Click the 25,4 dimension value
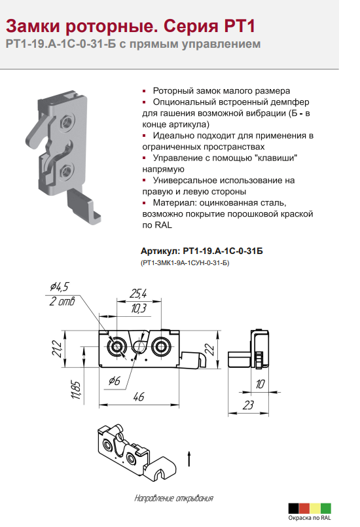click(x=139, y=293)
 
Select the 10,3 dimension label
click(x=139, y=308)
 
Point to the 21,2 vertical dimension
click(x=57, y=349)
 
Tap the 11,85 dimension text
click(x=77, y=390)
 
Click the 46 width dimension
click(x=139, y=397)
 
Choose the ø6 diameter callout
click(x=115, y=381)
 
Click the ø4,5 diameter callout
click(x=60, y=286)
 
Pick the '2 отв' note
click(x=62, y=301)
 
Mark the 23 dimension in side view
click(x=248, y=405)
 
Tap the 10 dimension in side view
click(x=260, y=384)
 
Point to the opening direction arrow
click(x=189, y=459)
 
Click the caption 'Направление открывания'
click(x=173, y=498)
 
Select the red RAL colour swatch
click(x=304, y=508)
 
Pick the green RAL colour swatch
click(x=325, y=508)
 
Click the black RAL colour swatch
click(x=293, y=508)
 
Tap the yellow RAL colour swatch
click(x=315, y=508)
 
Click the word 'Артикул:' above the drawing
click(x=160, y=251)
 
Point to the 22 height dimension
click(x=209, y=350)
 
